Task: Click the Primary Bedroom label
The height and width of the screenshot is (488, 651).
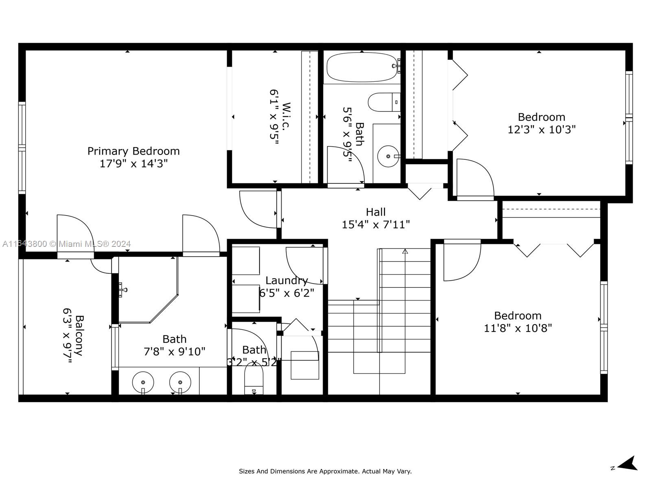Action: (133, 151)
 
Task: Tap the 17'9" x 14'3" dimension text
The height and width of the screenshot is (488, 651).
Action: (133, 163)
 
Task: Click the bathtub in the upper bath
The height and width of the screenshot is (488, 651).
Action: (362, 67)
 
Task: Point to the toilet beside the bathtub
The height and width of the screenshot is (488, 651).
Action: (384, 102)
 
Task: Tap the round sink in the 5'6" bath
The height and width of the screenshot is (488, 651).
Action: (388, 156)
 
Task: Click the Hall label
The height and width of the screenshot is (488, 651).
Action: (376, 212)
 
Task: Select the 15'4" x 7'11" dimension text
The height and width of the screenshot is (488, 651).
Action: (376, 224)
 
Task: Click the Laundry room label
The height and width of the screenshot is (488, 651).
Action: (286, 281)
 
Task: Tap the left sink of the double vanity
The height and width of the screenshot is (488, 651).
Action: (143, 382)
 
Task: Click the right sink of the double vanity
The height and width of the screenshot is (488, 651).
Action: (180, 382)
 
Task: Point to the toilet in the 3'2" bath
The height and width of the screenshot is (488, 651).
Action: (253, 378)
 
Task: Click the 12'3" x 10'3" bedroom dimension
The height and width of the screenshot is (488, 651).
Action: (542, 129)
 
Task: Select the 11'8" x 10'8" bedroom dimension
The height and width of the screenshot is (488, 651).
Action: (518, 328)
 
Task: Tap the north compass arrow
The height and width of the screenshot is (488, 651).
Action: (628, 463)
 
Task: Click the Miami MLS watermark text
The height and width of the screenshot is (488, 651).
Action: (66, 244)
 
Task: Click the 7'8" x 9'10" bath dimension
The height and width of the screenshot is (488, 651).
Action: (175, 352)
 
